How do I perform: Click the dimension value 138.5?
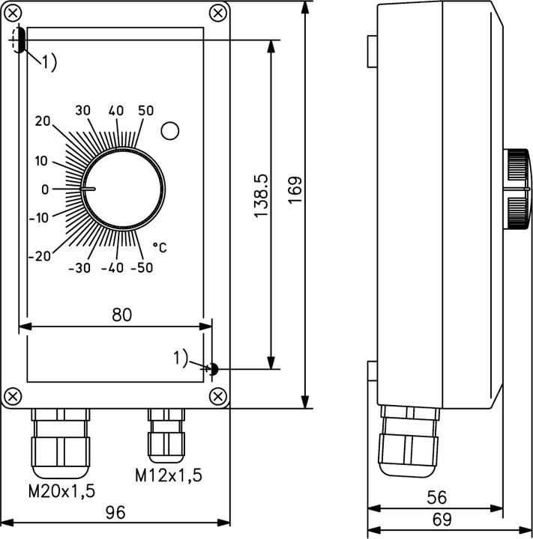pyautogui.click(x=261, y=196)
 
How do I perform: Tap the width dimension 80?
pyautogui.click(x=121, y=314)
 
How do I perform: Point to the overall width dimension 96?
pyautogui.click(x=115, y=513)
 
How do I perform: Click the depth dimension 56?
pyautogui.click(x=436, y=497)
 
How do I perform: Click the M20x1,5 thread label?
pyautogui.click(x=61, y=492)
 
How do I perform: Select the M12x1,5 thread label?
pyautogui.click(x=169, y=475)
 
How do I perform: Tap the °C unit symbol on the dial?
pyautogui.click(x=160, y=246)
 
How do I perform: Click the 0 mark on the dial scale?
pyautogui.click(x=44, y=189)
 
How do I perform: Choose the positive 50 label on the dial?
pyautogui.click(x=145, y=111)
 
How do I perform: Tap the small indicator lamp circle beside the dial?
pyautogui.click(x=170, y=131)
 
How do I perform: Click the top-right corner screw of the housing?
pyautogui.click(x=217, y=13)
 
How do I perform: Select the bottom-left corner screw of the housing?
pyautogui.click(x=13, y=395)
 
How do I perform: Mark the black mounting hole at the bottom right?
pyautogui.click(x=213, y=368)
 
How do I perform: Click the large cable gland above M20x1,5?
pyautogui.click(x=60, y=442)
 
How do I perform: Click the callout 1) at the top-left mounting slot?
pyautogui.click(x=48, y=63)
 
